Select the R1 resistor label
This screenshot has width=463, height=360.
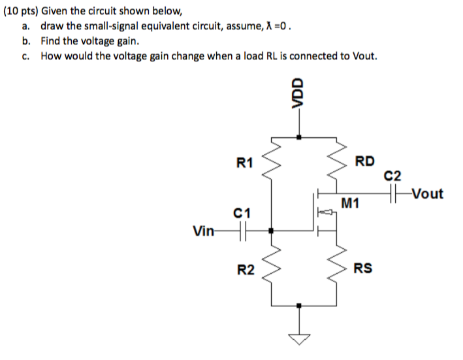pyautogui.click(x=245, y=162)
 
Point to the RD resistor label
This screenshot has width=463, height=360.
pyautogui.click(x=364, y=161)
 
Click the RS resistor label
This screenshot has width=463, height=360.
pyautogui.click(x=363, y=268)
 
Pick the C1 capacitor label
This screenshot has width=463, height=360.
pyautogui.click(x=241, y=212)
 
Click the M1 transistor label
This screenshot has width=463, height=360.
pyautogui.click(x=350, y=204)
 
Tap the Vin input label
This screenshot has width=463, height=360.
pyautogui.click(x=203, y=230)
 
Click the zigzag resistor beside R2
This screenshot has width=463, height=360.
pyautogui.click(x=271, y=268)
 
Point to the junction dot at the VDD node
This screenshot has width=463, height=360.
pyautogui.click(x=299, y=137)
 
